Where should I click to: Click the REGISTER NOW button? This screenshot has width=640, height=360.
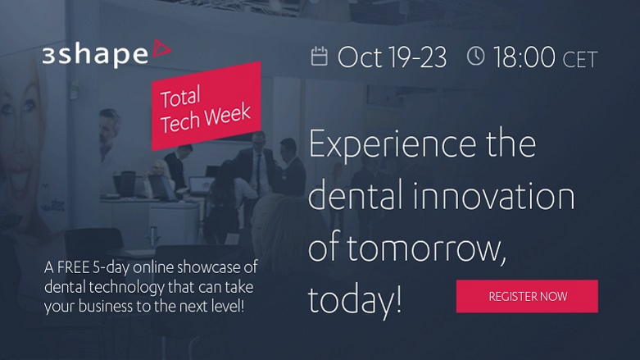527,296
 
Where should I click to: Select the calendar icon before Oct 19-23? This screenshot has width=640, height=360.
320,57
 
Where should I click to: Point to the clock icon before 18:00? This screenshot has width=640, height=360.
475,57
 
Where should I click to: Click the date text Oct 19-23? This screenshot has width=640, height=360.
392,57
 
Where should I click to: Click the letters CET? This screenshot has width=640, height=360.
580,59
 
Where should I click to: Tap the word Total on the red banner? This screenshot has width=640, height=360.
181,99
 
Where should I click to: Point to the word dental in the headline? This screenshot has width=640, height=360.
357,198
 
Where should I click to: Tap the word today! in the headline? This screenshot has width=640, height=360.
355,300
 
